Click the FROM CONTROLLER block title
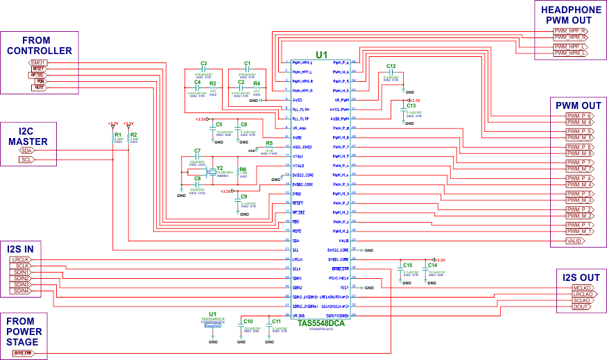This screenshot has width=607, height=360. (x=38, y=46)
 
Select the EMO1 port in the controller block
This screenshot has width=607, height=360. (x=39, y=62)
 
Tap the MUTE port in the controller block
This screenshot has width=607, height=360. (x=40, y=87)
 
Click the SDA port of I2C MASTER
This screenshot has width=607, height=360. (x=27, y=151)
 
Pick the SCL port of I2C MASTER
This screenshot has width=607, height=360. (x=27, y=160)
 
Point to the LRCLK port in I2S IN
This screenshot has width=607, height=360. (x=20, y=259)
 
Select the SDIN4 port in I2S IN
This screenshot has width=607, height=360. (x=21, y=291)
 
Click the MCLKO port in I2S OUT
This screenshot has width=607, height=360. (x=581, y=287)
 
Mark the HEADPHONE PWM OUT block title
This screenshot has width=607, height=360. (x=571, y=15)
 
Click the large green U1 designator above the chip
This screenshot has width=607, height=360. (x=321, y=55)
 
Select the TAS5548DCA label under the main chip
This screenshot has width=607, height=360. (x=321, y=323)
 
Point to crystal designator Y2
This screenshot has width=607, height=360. (x=220, y=168)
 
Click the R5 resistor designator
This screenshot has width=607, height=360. (x=269, y=143)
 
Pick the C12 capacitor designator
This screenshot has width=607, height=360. (x=391, y=66)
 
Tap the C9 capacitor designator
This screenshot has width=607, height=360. (x=243, y=196)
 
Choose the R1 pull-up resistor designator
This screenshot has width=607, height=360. (x=118, y=135)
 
